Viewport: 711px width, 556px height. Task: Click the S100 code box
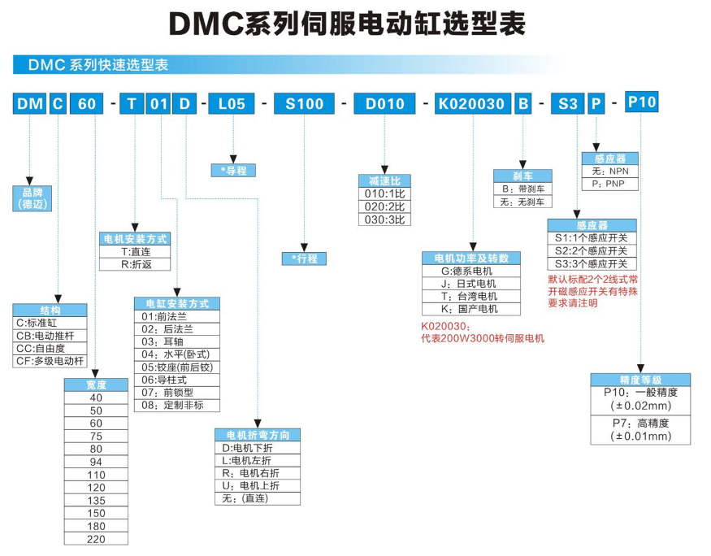coord(304,103)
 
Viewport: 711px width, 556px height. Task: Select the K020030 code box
coord(471,103)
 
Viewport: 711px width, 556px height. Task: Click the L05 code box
coord(232,103)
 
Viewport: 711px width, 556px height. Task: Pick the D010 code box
coord(384,103)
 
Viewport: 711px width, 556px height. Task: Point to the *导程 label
coord(233,170)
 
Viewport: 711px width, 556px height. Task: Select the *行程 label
coord(304,258)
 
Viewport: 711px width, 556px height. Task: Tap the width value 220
coord(96,539)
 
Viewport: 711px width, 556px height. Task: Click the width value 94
coord(96,461)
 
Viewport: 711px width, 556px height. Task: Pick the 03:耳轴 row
coord(176,341)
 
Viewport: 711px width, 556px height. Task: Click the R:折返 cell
coord(135,265)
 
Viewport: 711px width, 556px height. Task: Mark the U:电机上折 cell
coord(257,485)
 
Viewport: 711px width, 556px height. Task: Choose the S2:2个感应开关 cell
coord(591,251)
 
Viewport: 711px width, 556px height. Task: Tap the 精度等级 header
coord(641,380)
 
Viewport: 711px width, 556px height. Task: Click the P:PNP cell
coord(609,184)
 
